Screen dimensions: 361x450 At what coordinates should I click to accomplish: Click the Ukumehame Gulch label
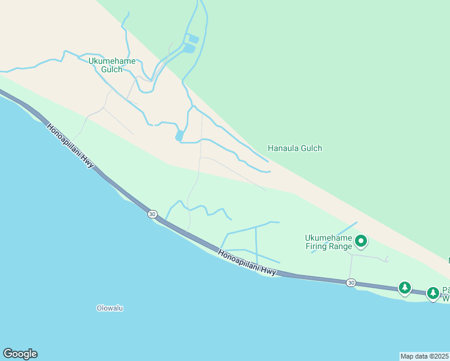click(x=112, y=65)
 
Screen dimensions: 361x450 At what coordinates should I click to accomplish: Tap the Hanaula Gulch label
click(x=295, y=148)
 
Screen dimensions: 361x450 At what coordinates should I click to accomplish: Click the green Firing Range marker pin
click(x=361, y=241)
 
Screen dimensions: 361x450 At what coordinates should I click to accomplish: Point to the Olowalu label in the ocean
click(x=109, y=308)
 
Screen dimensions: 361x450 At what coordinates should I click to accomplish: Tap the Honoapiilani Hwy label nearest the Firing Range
click(x=247, y=263)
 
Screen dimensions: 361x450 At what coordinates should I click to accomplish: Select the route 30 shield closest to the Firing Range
click(x=351, y=282)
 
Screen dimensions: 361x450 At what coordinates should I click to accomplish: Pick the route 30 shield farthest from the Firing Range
click(x=152, y=214)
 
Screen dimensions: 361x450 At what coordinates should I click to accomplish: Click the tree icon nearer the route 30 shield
click(x=405, y=288)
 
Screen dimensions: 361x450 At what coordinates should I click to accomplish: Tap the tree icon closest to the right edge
click(x=433, y=293)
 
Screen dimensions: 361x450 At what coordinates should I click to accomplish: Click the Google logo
click(x=20, y=354)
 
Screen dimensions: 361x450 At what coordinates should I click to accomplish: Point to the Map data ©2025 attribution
click(x=425, y=356)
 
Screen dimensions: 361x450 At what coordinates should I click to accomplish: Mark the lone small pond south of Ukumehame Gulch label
click(x=179, y=136)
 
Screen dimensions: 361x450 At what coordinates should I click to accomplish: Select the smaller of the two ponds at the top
click(x=193, y=39)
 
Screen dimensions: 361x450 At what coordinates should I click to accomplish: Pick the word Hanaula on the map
click(x=281, y=148)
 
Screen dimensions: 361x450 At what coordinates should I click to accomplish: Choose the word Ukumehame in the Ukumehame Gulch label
click(x=112, y=61)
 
